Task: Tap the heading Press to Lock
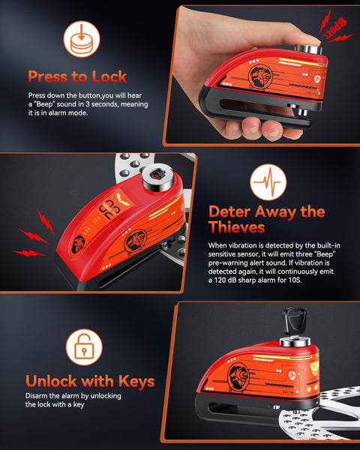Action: tap(77, 76)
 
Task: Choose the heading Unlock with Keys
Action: tap(90, 382)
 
